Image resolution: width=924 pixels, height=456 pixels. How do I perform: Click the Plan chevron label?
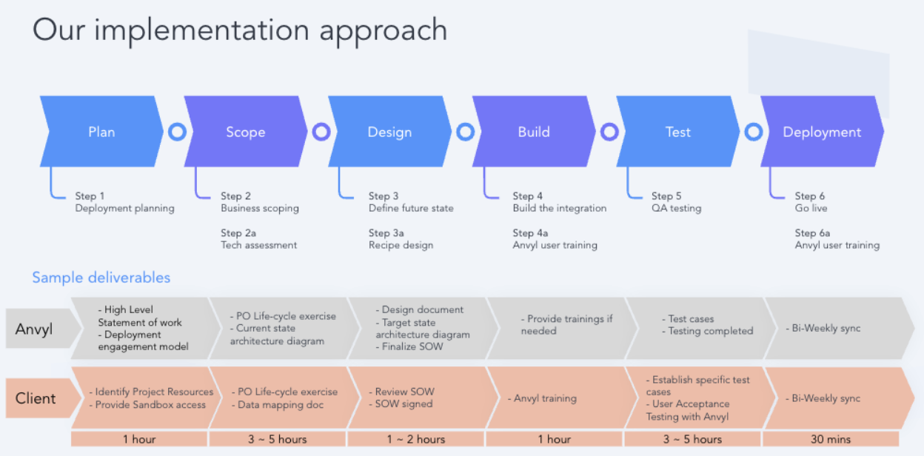point(101,132)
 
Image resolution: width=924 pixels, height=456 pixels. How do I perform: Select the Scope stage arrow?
point(246,132)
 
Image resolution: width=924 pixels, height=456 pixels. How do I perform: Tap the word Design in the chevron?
point(389,132)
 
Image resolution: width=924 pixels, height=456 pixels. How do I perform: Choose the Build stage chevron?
point(534,132)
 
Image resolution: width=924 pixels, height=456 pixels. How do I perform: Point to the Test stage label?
point(677,132)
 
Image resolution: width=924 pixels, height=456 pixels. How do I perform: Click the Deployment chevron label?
point(822,133)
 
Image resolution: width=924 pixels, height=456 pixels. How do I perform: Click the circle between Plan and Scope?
point(178,132)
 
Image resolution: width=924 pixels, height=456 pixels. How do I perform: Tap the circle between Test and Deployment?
point(754,132)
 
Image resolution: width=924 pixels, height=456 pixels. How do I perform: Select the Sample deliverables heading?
point(101,278)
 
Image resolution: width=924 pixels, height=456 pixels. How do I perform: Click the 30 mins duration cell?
point(831,439)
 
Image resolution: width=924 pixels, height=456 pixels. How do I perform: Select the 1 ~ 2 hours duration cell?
point(416,439)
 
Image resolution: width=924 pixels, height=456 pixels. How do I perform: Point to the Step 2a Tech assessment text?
point(258,239)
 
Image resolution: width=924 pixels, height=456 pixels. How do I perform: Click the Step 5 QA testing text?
point(677,202)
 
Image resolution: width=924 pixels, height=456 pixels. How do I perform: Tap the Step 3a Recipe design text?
point(401,239)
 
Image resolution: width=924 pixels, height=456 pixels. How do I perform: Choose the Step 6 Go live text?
point(811,202)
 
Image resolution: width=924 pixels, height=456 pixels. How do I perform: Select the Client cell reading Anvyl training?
point(542,398)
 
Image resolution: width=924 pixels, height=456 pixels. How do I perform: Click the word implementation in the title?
point(201,30)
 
